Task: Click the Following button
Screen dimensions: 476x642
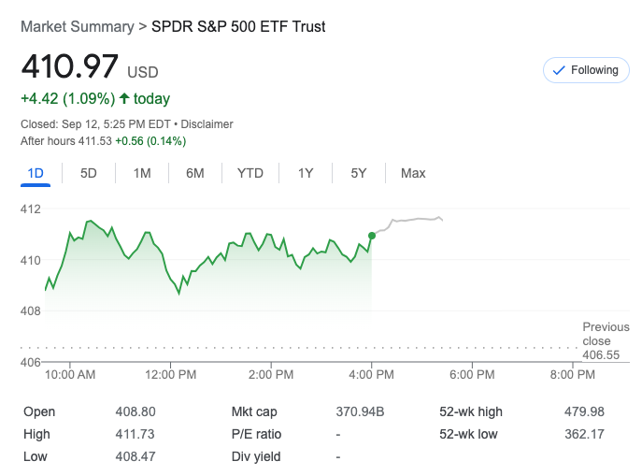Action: pyautogui.click(x=586, y=70)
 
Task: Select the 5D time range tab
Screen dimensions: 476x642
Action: pyautogui.click(x=89, y=173)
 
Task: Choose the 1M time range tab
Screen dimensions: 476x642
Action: pyautogui.click(x=142, y=173)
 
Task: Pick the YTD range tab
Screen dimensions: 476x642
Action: pyautogui.click(x=250, y=173)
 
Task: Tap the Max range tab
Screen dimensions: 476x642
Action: pyautogui.click(x=413, y=173)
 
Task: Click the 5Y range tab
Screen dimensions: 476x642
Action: pyautogui.click(x=359, y=173)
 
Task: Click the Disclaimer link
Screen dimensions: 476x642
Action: pyautogui.click(x=207, y=124)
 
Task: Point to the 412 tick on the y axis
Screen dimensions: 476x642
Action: pyautogui.click(x=31, y=209)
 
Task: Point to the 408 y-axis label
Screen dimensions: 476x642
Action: pyautogui.click(x=31, y=310)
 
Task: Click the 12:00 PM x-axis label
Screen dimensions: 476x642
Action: pyautogui.click(x=172, y=375)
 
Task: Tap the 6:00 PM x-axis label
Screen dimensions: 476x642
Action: pyautogui.click(x=472, y=375)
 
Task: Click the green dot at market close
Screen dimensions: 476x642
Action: pyautogui.click(x=372, y=236)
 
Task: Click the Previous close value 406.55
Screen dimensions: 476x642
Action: pyautogui.click(x=601, y=355)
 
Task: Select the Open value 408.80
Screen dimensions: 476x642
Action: pyautogui.click(x=135, y=411)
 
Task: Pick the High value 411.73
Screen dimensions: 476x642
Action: pyautogui.click(x=135, y=434)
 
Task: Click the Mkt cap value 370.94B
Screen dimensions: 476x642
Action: pyautogui.click(x=360, y=411)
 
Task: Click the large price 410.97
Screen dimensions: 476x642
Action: pyautogui.click(x=70, y=67)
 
